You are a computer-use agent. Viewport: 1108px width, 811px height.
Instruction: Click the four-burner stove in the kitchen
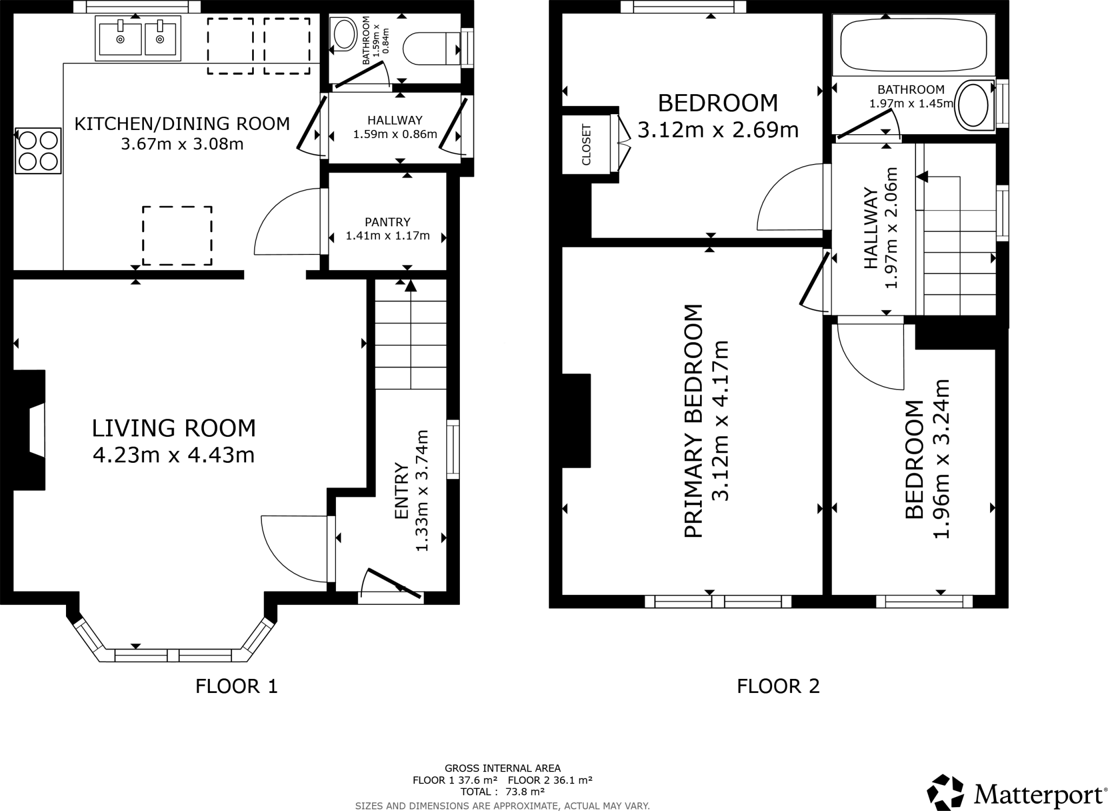pyautogui.click(x=38, y=151)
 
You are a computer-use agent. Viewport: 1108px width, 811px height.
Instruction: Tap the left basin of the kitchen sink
pyautogui.click(x=120, y=38)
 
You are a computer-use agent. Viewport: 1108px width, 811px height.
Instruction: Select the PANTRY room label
pyautogui.click(x=387, y=222)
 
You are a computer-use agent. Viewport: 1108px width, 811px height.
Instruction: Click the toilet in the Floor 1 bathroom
pyautogui.click(x=430, y=49)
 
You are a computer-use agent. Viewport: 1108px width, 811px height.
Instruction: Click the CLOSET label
pyautogui.click(x=586, y=145)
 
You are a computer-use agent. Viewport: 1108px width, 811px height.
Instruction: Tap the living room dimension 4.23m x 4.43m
pyautogui.click(x=174, y=455)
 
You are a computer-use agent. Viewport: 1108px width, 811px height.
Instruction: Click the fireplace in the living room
pyautogui.click(x=30, y=430)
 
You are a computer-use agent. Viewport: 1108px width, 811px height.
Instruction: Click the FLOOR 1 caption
pyautogui.click(x=236, y=686)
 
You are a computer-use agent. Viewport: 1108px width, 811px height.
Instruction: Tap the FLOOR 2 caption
pyautogui.click(x=778, y=686)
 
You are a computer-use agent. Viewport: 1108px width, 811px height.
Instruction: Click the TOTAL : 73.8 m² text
pyautogui.click(x=502, y=792)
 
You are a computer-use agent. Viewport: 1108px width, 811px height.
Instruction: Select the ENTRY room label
pyautogui.click(x=401, y=490)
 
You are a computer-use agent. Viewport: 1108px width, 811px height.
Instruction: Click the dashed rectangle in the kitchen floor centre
pyautogui.click(x=177, y=236)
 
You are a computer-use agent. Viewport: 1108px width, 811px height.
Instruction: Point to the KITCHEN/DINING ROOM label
pyautogui.click(x=182, y=124)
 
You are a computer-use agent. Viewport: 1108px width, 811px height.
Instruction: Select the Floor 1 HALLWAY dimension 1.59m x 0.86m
pyautogui.click(x=395, y=134)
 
